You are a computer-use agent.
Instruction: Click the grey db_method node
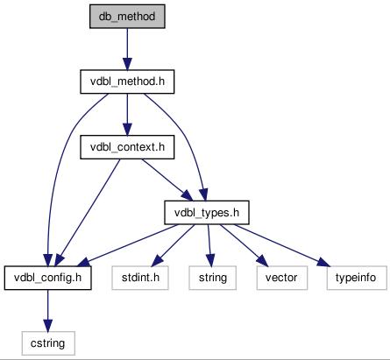[127, 17]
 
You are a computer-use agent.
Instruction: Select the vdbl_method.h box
[127, 81]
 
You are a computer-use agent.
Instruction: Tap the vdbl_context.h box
[127, 147]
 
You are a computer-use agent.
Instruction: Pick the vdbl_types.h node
[207, 213]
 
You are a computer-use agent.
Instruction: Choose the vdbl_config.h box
[47, 278]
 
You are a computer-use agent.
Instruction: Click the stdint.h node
[140, 278]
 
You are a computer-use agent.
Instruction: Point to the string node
[213, 278]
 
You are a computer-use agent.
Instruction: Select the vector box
[282, 278]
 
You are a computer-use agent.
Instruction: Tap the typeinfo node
[357, 278]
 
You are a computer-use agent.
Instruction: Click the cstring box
[48, 343]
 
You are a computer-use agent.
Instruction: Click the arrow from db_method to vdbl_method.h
[127, 49]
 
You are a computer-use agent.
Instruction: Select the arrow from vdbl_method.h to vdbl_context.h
[127, 115]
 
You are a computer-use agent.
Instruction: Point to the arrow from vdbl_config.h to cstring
[48, 310]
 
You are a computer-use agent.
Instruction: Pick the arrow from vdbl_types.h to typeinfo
[282, 245]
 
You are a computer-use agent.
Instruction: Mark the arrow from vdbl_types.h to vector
[245, 245]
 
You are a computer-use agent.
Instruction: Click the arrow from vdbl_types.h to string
[209, 245]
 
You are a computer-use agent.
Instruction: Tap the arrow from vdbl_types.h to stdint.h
[173, 245]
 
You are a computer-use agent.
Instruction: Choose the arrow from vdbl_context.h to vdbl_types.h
[167, 180]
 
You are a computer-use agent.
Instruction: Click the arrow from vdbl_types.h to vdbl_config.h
[128, 245]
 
